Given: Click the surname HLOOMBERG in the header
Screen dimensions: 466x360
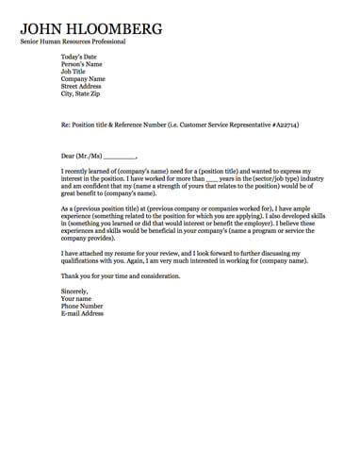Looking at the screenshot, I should [x=118, y=28].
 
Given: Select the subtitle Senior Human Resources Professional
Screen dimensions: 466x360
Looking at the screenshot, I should [x=73, y=42].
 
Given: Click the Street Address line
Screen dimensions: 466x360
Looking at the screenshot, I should [x=82, y=86].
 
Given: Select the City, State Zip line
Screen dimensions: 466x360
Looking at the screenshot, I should [x=82, y=93].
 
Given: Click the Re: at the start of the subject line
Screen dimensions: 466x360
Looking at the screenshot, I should [x=66, y=125].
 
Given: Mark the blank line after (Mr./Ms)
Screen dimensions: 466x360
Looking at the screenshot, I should [x=120, y=156].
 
